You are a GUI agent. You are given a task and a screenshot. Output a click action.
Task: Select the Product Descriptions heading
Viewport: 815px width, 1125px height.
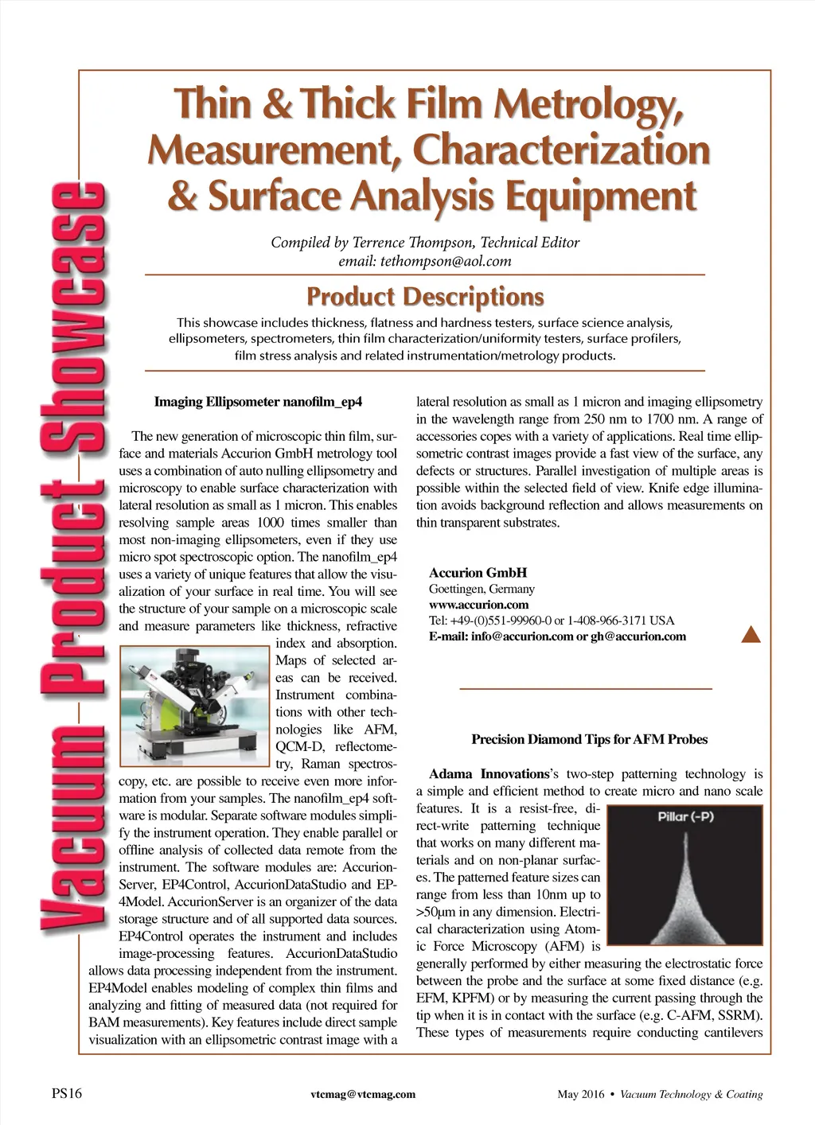(425, 298)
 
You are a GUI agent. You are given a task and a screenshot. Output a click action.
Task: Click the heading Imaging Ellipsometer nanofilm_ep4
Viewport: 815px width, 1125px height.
(258, 401)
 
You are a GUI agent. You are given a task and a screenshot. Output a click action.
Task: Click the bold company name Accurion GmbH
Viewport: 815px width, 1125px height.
(478, 573)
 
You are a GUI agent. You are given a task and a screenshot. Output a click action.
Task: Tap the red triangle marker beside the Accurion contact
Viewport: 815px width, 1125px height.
(751, 634)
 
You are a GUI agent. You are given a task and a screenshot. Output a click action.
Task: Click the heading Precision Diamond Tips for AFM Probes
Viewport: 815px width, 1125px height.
(589, 739)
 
